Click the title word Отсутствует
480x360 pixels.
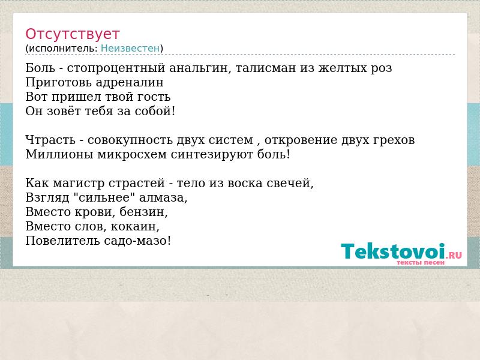tap(72, 34)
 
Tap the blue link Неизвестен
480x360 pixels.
tap(130, 49)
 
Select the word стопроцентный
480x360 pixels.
tap(116, 68)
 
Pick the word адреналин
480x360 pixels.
tap(130, 83)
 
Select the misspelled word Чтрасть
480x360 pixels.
tap(50, 140)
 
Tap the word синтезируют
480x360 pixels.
tap(212, 154)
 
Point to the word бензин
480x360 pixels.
tap(143, 212)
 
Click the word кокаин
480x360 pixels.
tap(135, 227)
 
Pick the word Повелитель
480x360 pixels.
tap(63, 241)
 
